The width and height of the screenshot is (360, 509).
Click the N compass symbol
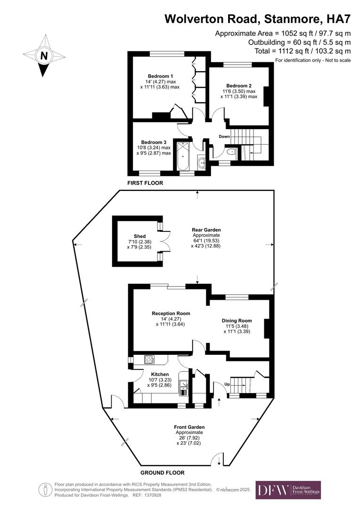[44, 56]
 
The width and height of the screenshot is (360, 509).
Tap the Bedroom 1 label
[160, 76]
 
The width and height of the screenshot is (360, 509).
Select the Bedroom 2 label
[239, 86]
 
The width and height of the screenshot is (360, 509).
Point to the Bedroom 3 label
[154, 142]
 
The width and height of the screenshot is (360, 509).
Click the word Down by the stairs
[224, 137]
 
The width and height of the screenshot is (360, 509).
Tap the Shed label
[139, 236]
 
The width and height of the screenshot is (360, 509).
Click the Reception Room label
[171, 313]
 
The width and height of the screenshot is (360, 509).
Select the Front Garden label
[189, 427]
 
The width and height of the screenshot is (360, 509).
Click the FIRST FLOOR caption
[145, 183]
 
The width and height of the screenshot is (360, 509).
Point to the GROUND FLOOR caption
[162, 472]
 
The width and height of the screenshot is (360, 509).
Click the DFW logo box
[288, 490]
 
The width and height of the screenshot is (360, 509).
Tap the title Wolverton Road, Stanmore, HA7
[258, 19]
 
